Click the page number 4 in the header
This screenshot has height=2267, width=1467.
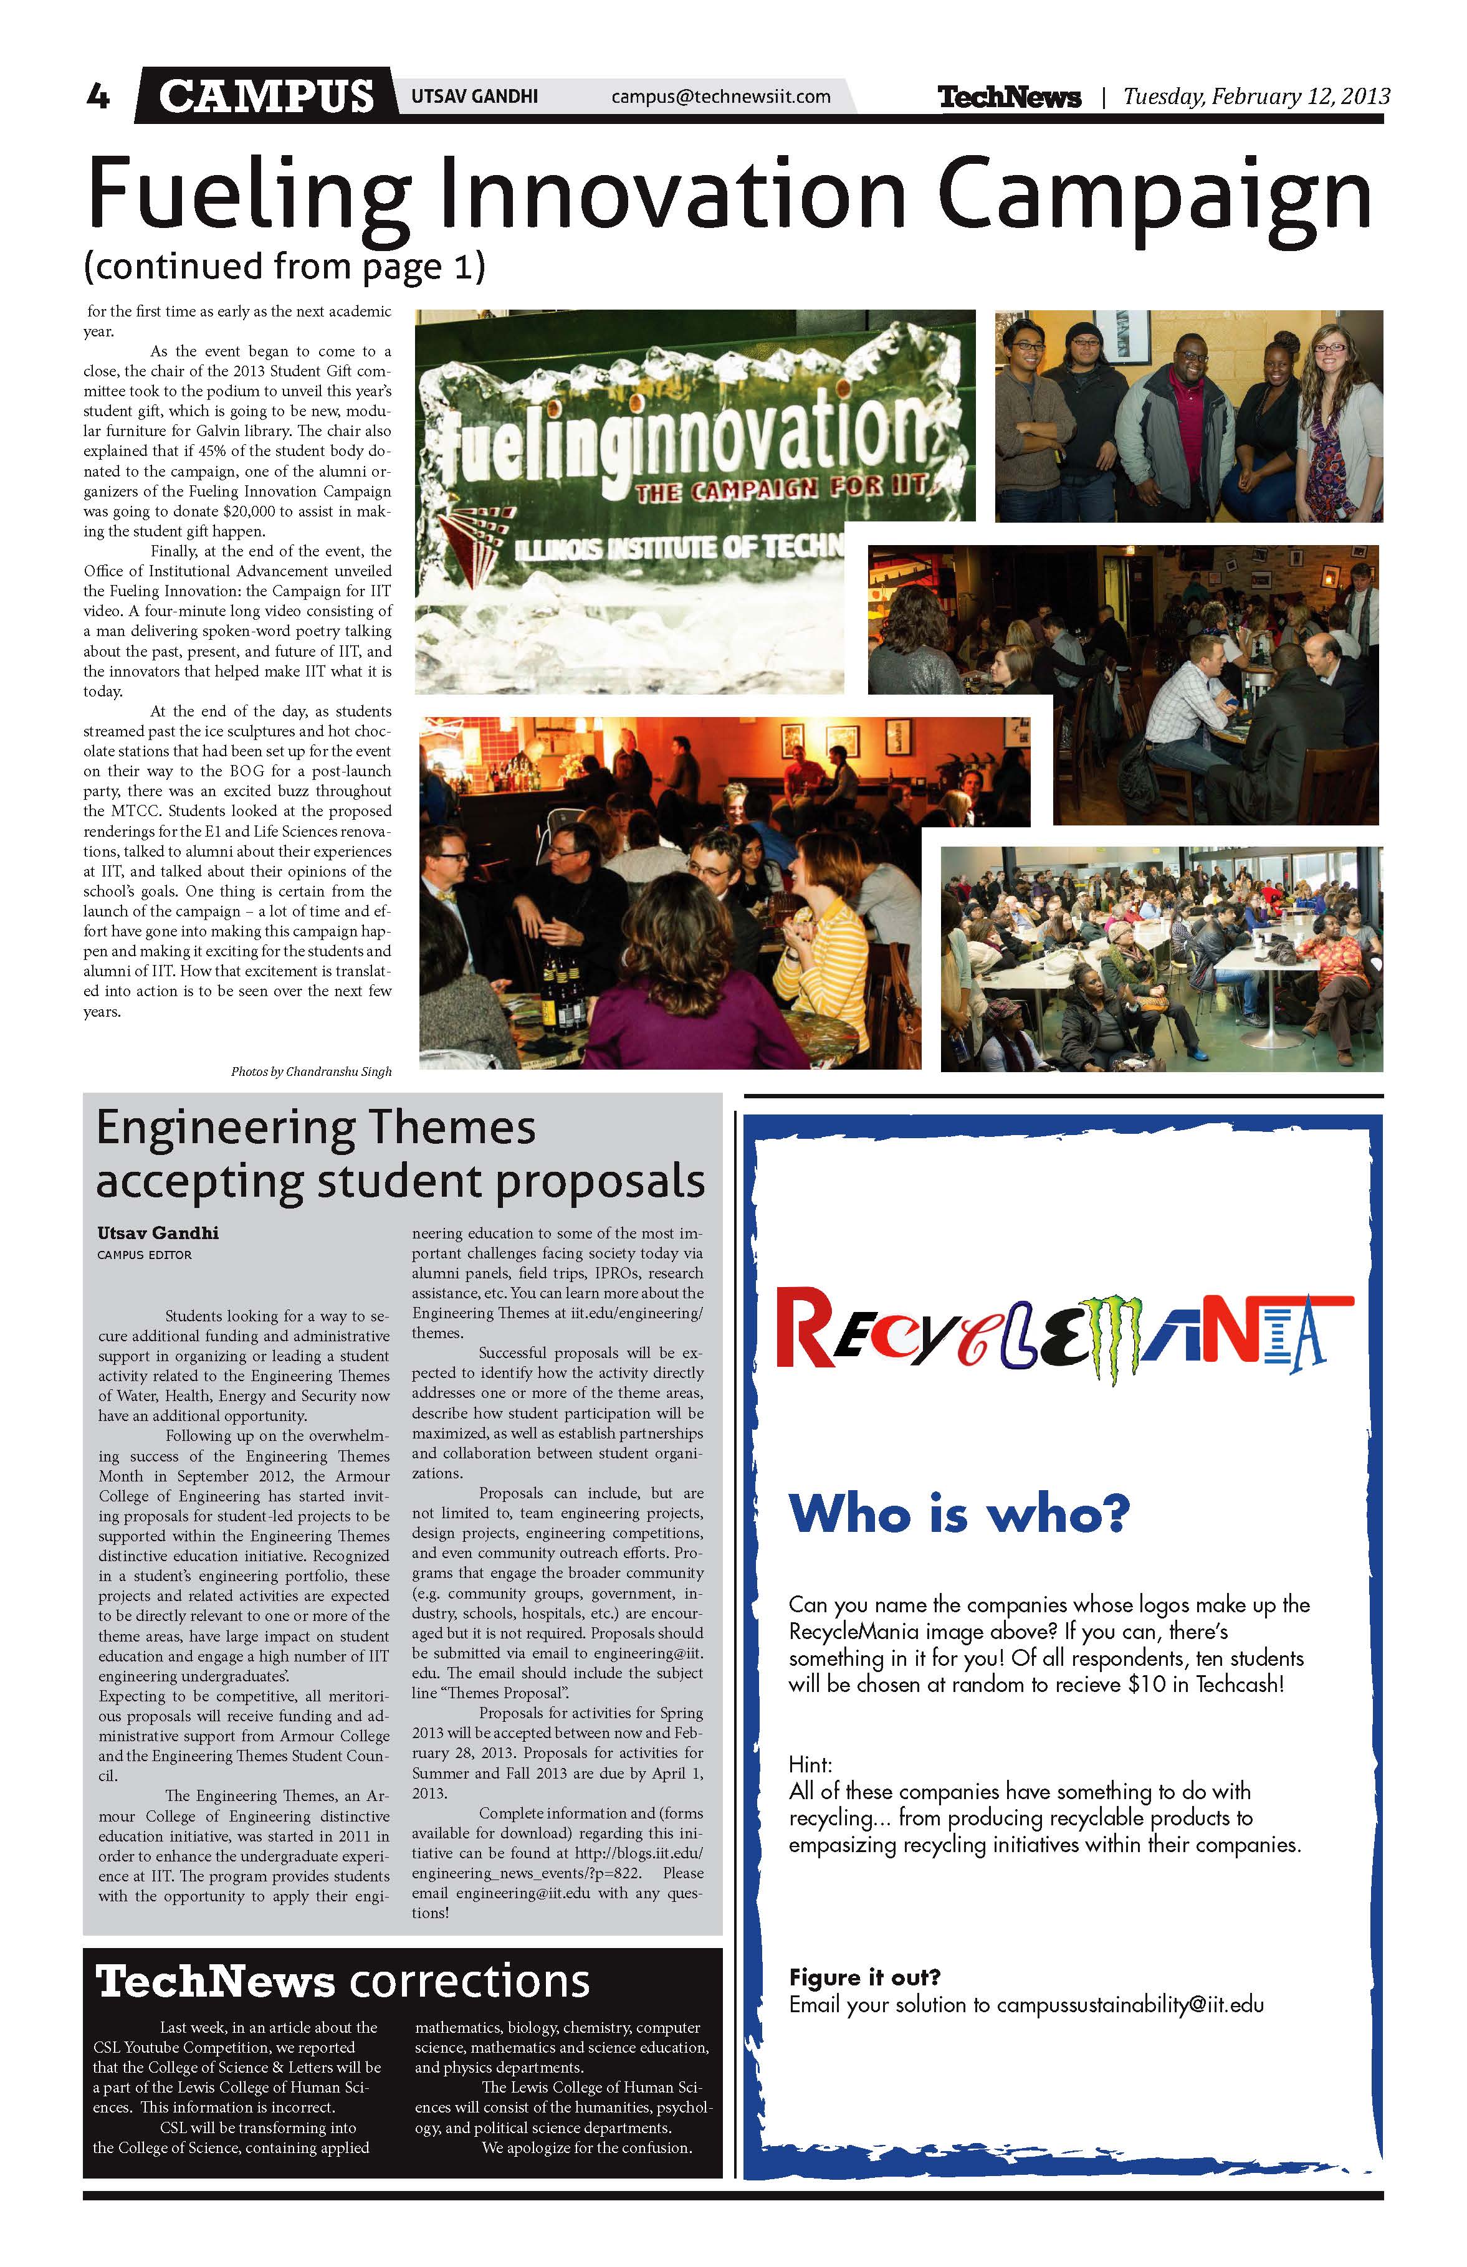coord(98,96)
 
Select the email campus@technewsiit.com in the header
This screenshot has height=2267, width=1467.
coord(720,96)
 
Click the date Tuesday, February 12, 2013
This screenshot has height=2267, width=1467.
coord(1256,96)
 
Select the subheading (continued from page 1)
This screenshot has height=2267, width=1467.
coord(285,267)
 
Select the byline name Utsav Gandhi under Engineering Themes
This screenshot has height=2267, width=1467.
coord(158,1233)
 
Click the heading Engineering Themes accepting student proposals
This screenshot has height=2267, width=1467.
coord(400,1154)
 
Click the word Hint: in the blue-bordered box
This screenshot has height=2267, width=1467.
coord(810,1764)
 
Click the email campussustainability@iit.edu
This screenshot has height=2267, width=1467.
coord(1130,2004)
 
